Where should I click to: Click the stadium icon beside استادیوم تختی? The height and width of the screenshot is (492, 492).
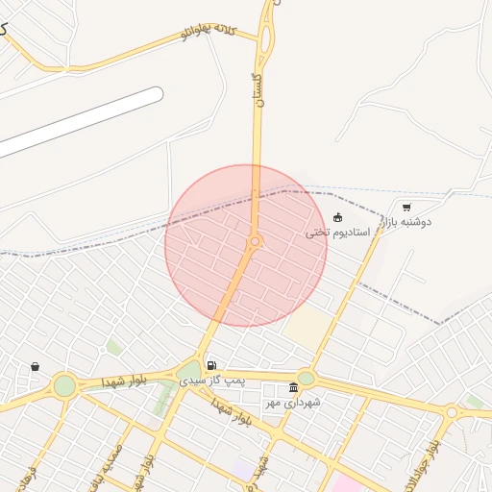(337, 217)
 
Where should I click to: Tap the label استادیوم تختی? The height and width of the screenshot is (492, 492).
(337, 233)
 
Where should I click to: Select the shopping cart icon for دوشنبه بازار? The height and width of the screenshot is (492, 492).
(406, 207)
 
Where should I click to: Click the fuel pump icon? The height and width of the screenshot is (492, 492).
(210, 366)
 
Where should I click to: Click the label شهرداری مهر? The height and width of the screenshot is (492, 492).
(293, 403)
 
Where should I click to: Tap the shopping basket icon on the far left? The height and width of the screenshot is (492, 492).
(36, 366)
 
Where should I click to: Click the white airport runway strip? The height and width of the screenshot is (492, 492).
(82, 121)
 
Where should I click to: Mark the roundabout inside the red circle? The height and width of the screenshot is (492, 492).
(255, 241)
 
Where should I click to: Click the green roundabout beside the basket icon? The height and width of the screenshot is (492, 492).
(64, 385)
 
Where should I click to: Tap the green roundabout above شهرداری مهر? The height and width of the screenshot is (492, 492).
(307, 378)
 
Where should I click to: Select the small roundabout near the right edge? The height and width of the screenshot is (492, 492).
(451, 411)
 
